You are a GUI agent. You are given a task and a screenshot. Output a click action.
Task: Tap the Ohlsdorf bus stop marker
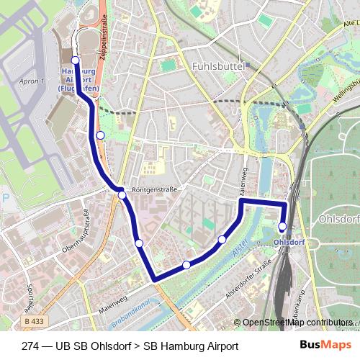[x=282, y=227]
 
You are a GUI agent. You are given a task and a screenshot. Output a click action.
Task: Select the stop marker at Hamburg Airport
[x=76, y=60]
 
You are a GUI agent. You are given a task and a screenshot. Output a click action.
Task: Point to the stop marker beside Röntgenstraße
[x=122, y=195]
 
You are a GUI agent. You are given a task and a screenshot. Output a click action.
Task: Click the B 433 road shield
[x=32, y=321]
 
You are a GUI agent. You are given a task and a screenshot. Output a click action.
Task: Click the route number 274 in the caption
[x=32, y=346]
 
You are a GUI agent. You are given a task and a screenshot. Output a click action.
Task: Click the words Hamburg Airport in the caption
[x=191, y=346]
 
